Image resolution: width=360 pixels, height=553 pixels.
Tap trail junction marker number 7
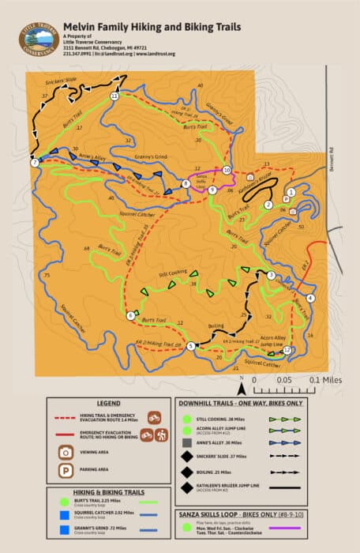point(35,163)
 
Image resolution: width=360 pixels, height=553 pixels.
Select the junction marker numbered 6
point(131,316)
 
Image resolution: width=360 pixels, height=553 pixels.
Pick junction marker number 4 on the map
point(310,298)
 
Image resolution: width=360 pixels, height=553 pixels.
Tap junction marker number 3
point(271,275)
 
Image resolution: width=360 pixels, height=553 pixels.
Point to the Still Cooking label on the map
point(172,272)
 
